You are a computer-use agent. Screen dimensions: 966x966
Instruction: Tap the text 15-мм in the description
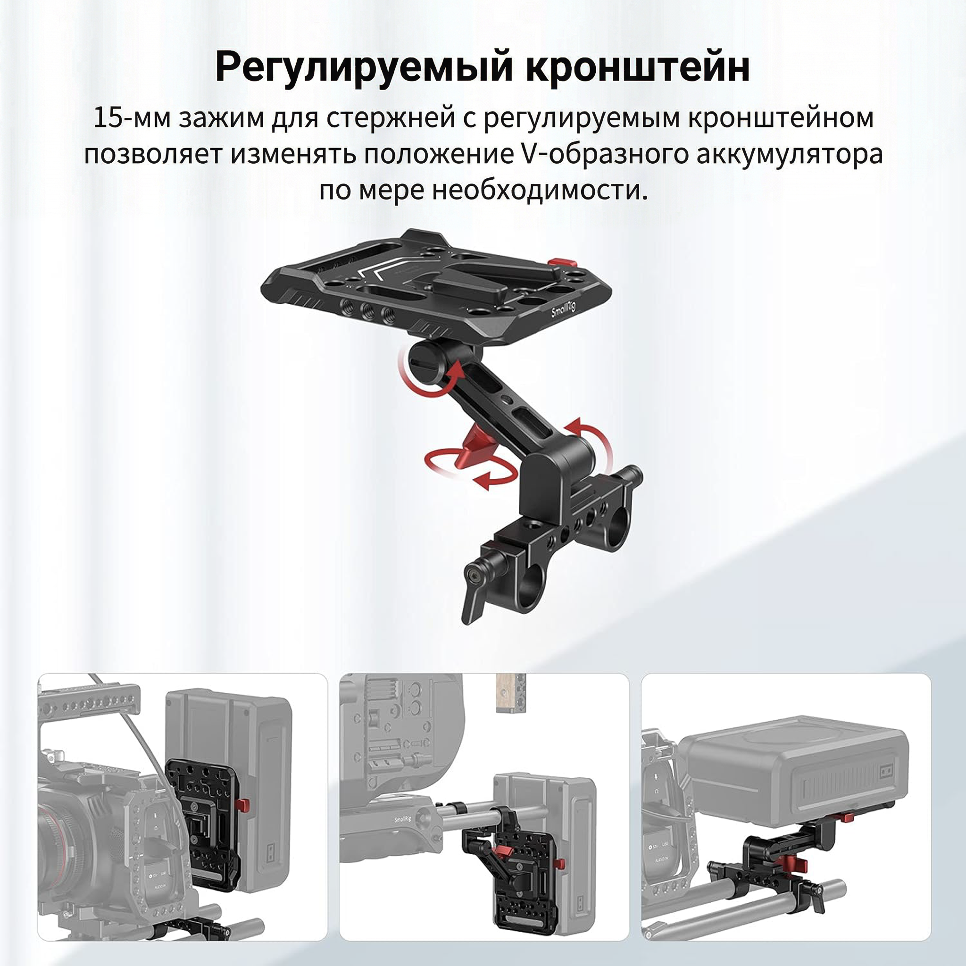(x=132, y=118)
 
